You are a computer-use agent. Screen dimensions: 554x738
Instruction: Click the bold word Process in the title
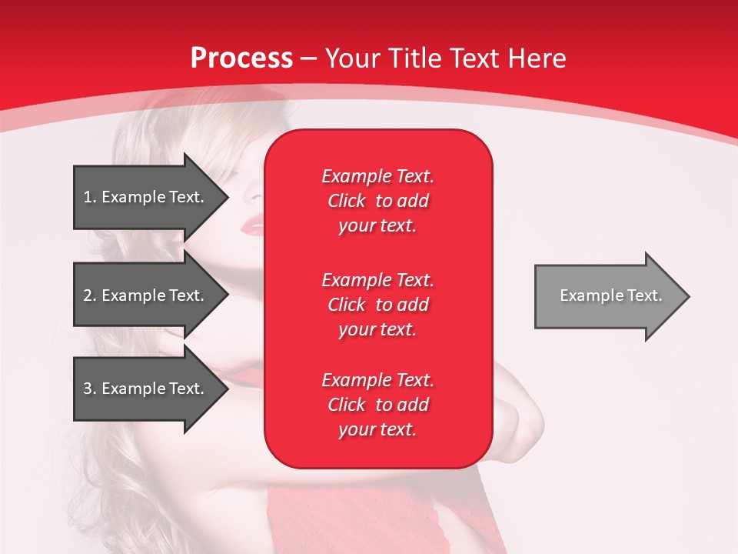[241, 58]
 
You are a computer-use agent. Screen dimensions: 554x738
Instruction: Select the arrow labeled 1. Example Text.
[146, 197]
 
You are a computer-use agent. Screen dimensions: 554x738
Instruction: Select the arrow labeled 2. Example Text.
[146, 295]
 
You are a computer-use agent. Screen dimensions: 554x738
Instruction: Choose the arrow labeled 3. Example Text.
[146, 389]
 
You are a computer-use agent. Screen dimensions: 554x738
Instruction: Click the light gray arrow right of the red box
[607, 296]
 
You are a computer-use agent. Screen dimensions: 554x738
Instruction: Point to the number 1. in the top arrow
[90, 197]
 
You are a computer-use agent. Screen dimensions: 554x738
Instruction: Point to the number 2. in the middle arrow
[90, 295]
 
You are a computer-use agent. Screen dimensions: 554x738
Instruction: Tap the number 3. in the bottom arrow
[90, 389]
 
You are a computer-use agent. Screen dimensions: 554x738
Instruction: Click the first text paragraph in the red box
[377, 201]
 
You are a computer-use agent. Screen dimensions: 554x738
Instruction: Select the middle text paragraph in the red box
[377, 305]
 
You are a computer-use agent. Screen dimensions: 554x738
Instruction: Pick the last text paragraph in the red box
[377, 405]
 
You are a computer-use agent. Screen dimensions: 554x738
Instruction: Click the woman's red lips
[253, 225]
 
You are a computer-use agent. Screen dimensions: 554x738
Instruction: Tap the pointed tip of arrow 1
[228, 197]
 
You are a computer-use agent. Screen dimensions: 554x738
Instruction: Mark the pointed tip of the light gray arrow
[689, 296]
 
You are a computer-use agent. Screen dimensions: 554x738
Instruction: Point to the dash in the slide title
[308, 58]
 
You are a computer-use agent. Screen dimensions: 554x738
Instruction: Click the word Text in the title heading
[477, 58]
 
